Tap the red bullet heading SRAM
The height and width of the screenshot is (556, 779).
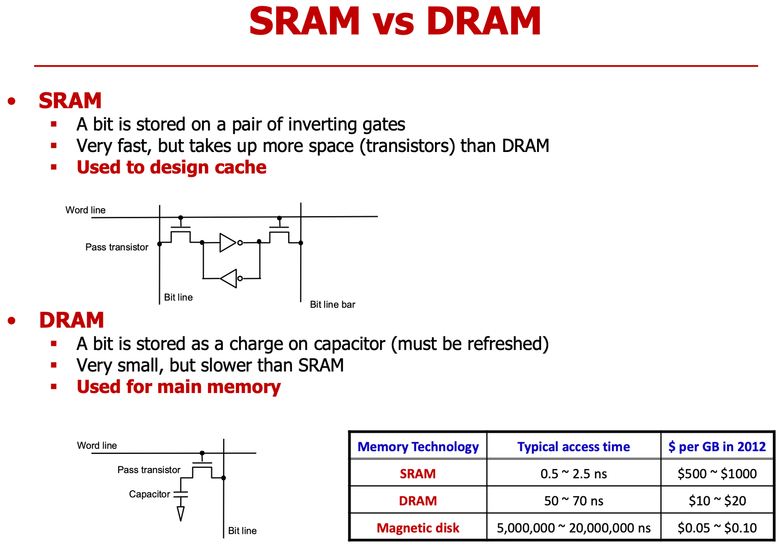click(x=70, y=101)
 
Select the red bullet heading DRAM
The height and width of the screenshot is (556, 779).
click(x=71, y=320)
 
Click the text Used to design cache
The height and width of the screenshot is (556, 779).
click(x=171, y=167)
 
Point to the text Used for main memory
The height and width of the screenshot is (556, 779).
click(x=178, y=387)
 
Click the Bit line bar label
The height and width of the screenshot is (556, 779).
click(x=332, y=304)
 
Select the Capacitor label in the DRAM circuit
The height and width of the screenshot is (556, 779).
click(x=149, y=494)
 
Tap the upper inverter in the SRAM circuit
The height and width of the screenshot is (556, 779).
click(x=229, y=243)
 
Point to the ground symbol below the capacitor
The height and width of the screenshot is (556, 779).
click(x=181, y=514)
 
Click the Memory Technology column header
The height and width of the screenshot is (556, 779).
click(x=418, y=447)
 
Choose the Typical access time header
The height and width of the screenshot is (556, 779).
click(x=573, y=447)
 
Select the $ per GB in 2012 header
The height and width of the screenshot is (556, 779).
click(x=717, y=447)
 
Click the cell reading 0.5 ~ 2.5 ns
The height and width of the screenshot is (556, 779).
click(x=573, y=474)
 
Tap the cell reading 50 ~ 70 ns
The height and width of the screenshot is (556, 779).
click(x=573, y=501)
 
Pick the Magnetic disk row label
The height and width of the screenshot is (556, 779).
click(x=418, y=528)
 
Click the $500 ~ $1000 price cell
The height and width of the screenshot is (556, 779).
click(x=717, y=474)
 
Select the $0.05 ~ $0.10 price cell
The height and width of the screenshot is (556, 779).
click(x=717, y=528)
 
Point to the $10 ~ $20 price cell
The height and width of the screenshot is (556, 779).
click(x=717, y=501)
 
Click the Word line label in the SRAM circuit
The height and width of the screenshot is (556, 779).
click(x=85, y=210)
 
